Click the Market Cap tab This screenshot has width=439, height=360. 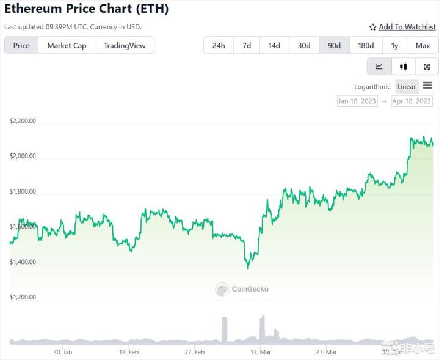(67, 45)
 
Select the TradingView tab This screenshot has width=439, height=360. (124, 45)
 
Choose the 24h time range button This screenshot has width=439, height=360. (218, 45)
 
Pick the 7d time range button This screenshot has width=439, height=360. (246, 45)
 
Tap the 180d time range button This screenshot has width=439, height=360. (366, 45)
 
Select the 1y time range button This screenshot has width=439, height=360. (394, 45)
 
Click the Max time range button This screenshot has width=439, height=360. (423, 45)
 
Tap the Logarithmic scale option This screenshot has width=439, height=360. (372, 87)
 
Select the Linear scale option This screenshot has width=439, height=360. (407, 87)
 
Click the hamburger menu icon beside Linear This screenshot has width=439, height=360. (427, 86)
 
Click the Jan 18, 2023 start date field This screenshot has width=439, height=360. (357, 101)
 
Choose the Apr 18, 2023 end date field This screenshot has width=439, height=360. (412, 101)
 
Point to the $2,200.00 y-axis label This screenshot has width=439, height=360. (23, 121)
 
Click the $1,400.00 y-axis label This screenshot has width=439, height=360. (23, 262)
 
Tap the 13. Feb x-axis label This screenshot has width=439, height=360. (129, 352)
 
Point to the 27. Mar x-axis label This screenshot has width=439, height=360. (326, 352)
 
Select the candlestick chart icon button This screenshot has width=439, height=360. (403, 67)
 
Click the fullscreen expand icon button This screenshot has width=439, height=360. (427, 67)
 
